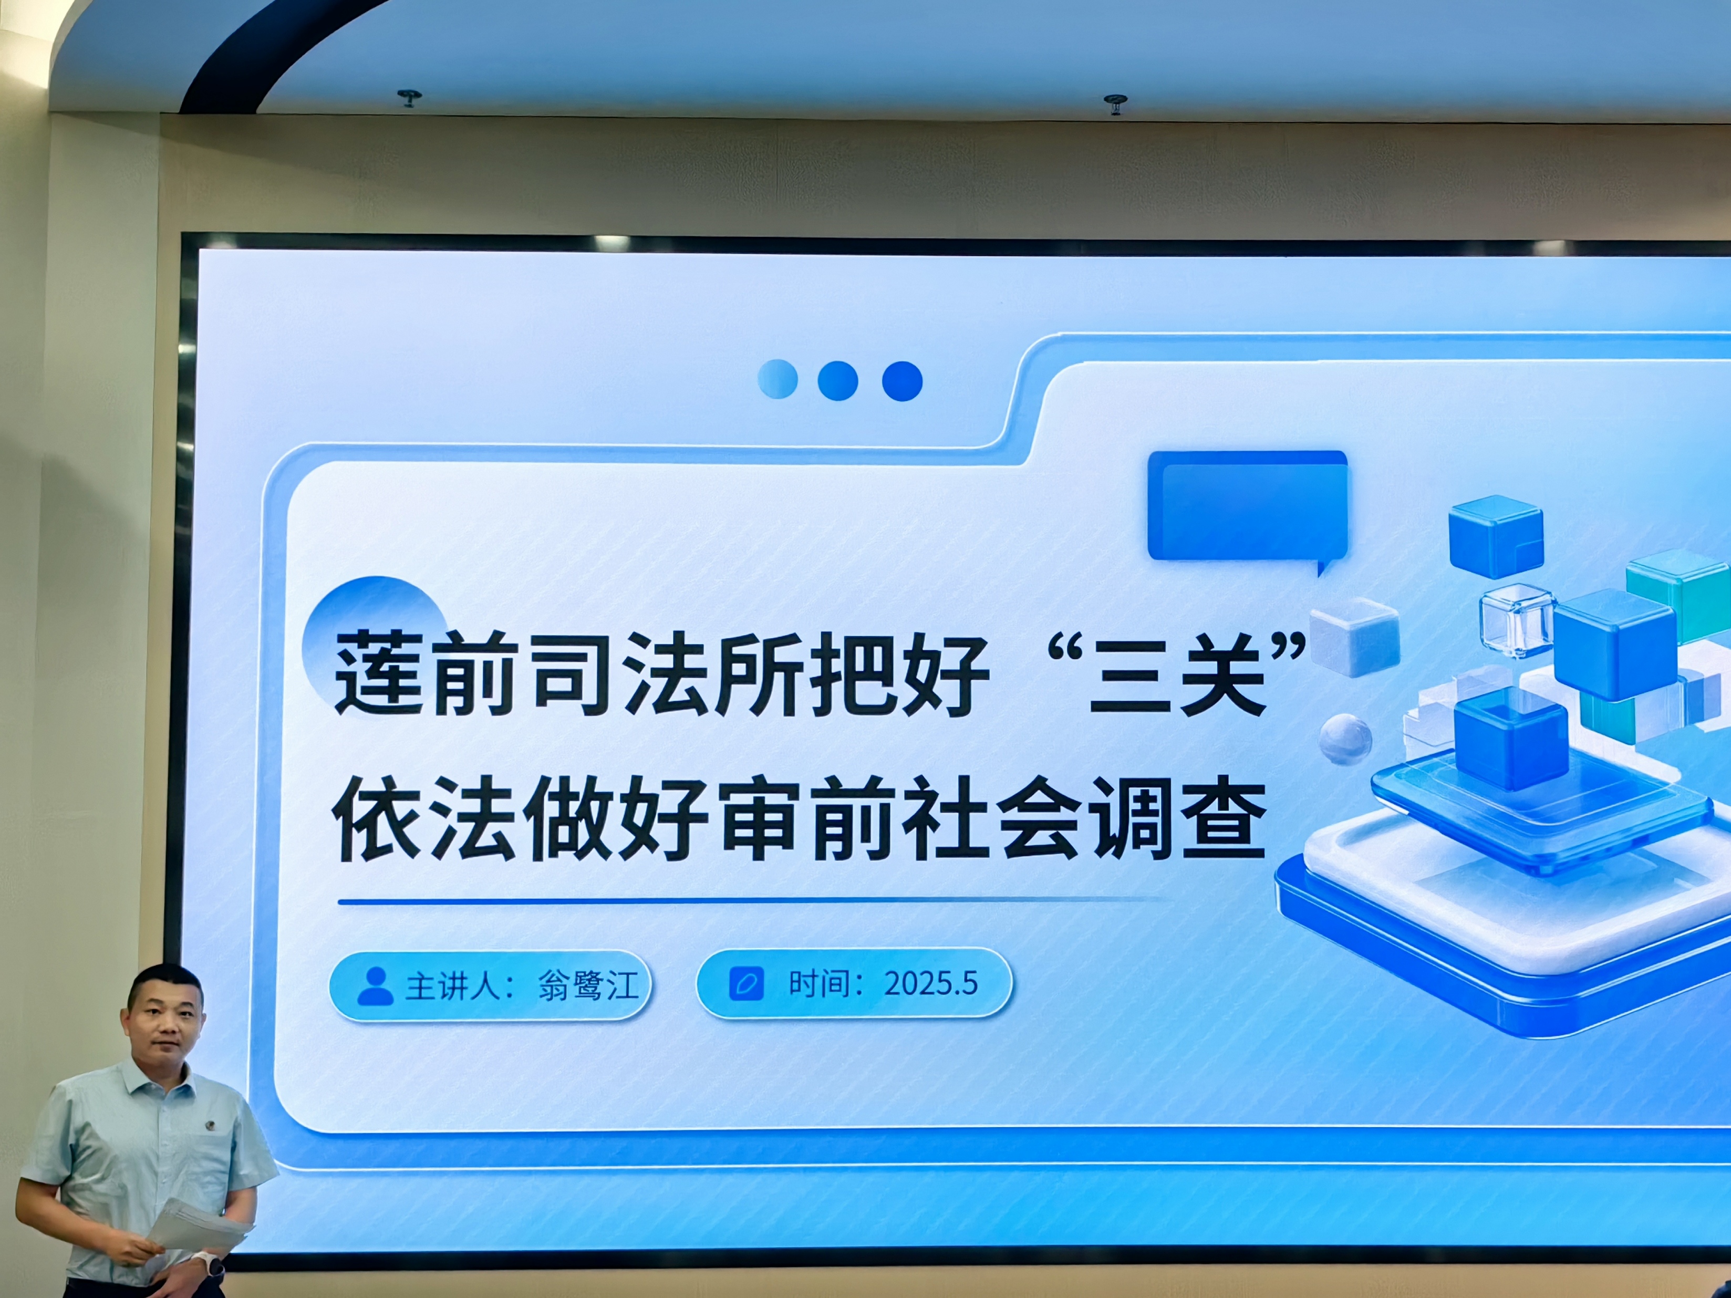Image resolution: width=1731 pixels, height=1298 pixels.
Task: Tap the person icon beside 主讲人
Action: coord(376,986)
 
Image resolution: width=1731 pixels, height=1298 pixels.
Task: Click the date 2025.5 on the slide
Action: coord(931,983)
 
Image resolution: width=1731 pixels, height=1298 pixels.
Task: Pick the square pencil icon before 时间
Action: coord(747,983)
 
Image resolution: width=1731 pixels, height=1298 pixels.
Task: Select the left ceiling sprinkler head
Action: coord(409,98)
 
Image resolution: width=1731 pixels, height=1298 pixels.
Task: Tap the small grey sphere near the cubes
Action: coord(1345,739)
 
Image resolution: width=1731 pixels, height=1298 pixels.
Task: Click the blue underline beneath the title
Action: coord(751,901)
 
